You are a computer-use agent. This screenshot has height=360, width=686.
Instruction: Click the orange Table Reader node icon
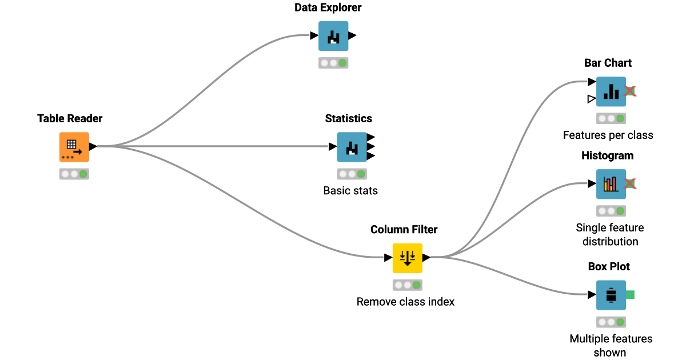[74, 147]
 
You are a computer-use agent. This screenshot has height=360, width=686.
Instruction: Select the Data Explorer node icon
[333, 36]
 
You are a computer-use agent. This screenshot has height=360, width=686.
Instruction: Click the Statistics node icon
[352, 147]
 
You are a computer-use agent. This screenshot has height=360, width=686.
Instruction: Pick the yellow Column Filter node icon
[407, 258]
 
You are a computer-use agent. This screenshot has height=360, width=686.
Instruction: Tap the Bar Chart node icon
[611, 91]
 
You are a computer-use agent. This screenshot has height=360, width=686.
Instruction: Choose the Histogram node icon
[611, 184]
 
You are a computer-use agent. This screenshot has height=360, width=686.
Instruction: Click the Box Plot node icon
[611, 295]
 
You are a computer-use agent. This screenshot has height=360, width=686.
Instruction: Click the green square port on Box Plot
[630, 295]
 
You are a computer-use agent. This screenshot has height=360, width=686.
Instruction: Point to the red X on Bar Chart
[630, 91]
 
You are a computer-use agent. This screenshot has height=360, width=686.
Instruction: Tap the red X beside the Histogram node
[630, 184]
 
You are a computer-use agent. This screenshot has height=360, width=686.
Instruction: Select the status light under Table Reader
[74, 174]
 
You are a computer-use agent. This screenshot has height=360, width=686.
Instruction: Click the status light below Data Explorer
[333, 63]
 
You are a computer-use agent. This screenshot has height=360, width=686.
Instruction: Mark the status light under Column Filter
[407, 285]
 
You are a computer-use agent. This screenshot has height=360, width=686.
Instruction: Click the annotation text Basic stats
[350, 190]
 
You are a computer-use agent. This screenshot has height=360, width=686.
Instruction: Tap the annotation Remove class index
[405, 301]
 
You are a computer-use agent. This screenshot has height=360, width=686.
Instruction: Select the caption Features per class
[608, 135]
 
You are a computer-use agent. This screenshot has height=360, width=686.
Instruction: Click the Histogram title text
[607, 155]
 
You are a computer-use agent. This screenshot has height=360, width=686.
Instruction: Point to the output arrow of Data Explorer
[352, 35]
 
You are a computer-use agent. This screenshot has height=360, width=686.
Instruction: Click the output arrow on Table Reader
[93, 147]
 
